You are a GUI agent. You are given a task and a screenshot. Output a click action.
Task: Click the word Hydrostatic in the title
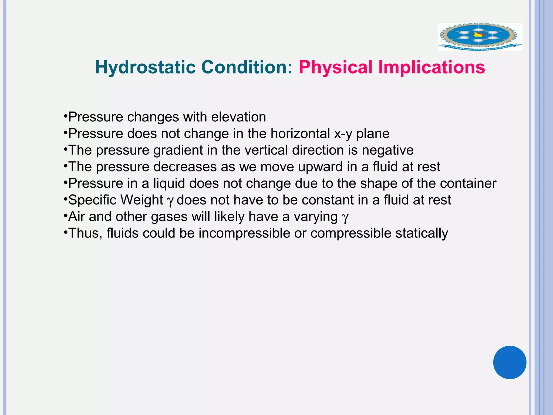point(145,67)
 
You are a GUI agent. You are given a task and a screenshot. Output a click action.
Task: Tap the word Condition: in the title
point(247,67)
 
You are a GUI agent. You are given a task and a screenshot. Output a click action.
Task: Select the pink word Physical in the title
point(335,67)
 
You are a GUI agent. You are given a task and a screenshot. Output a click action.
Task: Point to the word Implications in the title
point(431,67)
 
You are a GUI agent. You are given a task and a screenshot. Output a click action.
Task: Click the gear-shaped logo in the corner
point(480,37)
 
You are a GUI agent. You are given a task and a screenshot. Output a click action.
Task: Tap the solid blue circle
point(510,362)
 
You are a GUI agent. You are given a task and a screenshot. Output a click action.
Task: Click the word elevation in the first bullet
point(238,117)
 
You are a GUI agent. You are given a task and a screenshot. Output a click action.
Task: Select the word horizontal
point(300,133)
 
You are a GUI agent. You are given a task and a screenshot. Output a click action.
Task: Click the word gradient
point(178,150)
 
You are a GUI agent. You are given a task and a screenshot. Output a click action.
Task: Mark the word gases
point(169,217)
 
